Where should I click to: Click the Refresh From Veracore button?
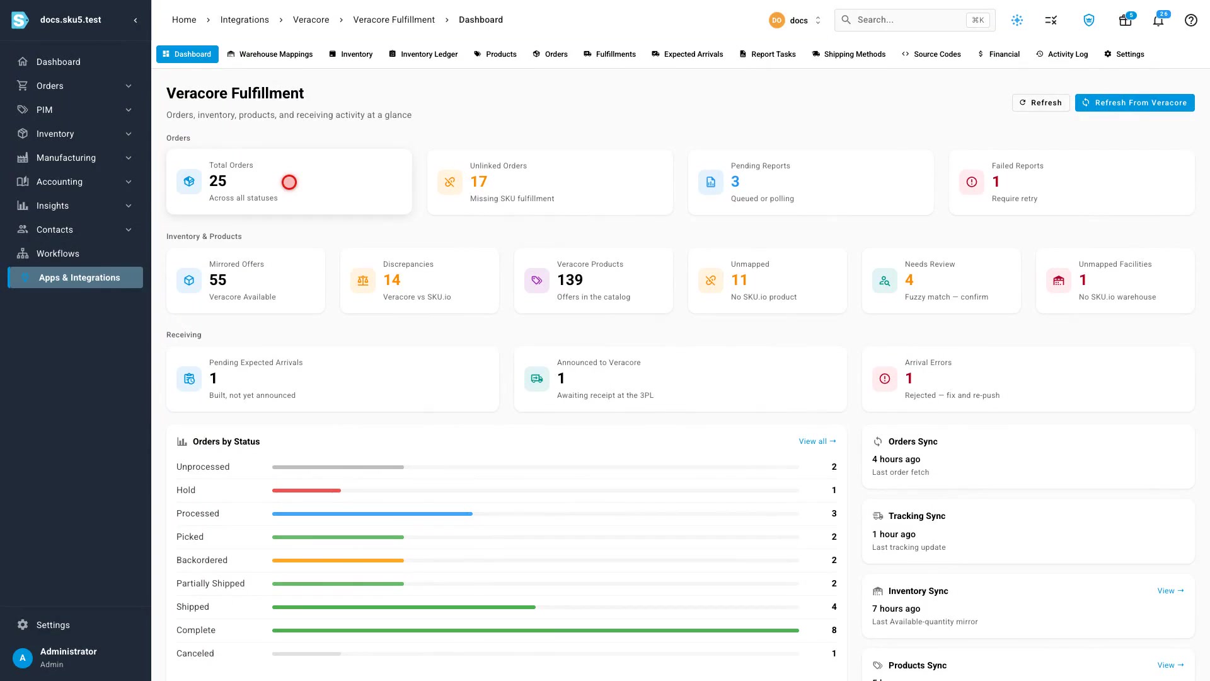click(x=1134, y=103)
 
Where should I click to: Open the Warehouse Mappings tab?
click(x=270, y=54)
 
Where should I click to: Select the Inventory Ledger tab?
click(x=423, y=54)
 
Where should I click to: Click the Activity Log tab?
click(x=1062, y=54)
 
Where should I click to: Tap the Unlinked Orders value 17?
click(x=479, y=182)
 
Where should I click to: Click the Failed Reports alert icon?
click(x=972, y=182)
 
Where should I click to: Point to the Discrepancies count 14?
click(x=392, y=280)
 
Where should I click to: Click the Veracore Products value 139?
click(x=570, y=280)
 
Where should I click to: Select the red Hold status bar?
click(x=306, y=491)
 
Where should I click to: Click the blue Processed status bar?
click(x=372, y=514)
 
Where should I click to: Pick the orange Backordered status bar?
click(x=338, y=561)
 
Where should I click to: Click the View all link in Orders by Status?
click(x=817, y=441)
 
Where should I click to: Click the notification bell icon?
click(x=1158, y=20)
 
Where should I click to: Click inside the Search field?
click(x=907, y=20)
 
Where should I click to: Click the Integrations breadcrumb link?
click(x=245, y=20)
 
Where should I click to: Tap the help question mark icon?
click(x=1191, y=20)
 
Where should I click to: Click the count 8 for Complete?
click(x=834, y=630)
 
